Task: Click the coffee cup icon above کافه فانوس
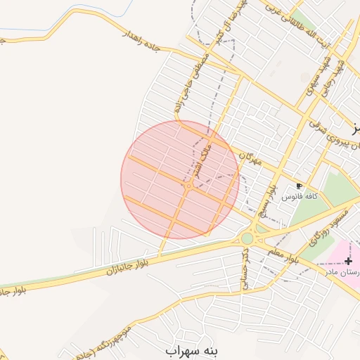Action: click(x=299, y=186)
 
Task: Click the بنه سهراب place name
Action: click(x=193, y=349)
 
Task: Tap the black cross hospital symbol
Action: click(x=348, y=261)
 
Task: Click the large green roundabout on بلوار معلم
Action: click(x=247, y=238)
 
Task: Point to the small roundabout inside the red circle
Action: click(x=190, y=186)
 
